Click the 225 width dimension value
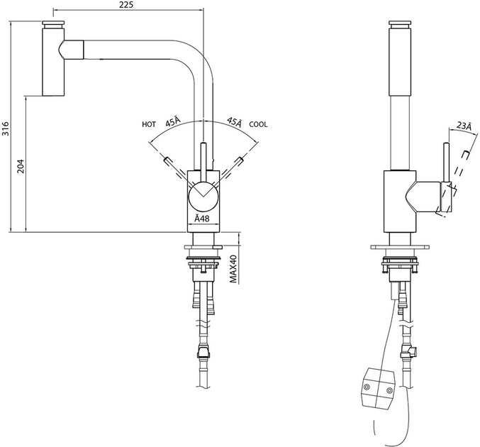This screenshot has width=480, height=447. point(126,4)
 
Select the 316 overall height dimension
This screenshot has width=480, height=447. point(6,128)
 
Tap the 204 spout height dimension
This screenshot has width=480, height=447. point(21,166)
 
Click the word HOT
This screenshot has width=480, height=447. point(149,124)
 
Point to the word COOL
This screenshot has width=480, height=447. point(258,124)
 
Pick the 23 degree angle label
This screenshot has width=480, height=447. point(464,126)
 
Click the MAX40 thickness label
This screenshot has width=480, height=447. point(233,269)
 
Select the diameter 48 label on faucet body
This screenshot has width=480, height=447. point(202,218)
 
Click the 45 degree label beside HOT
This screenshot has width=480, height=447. point(173,121)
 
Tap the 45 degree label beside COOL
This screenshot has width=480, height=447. point(235,121)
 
